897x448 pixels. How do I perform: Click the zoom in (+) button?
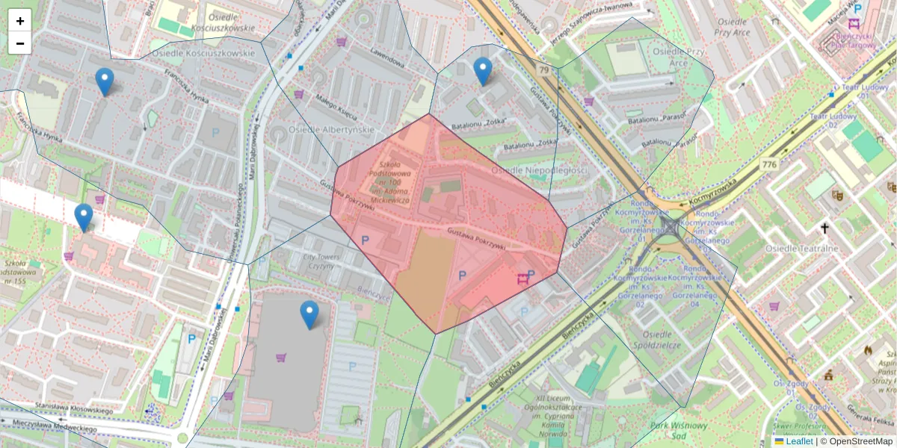pyautogui.click(x=20, y=21)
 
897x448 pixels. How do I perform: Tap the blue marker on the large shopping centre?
pyautogui.click(x=309, y=314)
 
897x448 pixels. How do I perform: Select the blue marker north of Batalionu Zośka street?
pyautogui.click(x=483, y=71)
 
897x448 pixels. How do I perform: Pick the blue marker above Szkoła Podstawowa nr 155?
pyautogui.click(x=84, y=217)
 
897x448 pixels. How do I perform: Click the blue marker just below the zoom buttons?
pyautogui.click(x=105, y=81)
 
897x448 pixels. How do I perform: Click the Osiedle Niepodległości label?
pyautogui.click(x=539, y=171)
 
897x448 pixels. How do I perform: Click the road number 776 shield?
pyautogui.click(x=768, y=164)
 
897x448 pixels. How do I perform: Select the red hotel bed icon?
pyautogui.click(x=523, y=279)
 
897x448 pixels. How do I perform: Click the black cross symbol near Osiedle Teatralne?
pyautogui.click(x=825, y=228)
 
